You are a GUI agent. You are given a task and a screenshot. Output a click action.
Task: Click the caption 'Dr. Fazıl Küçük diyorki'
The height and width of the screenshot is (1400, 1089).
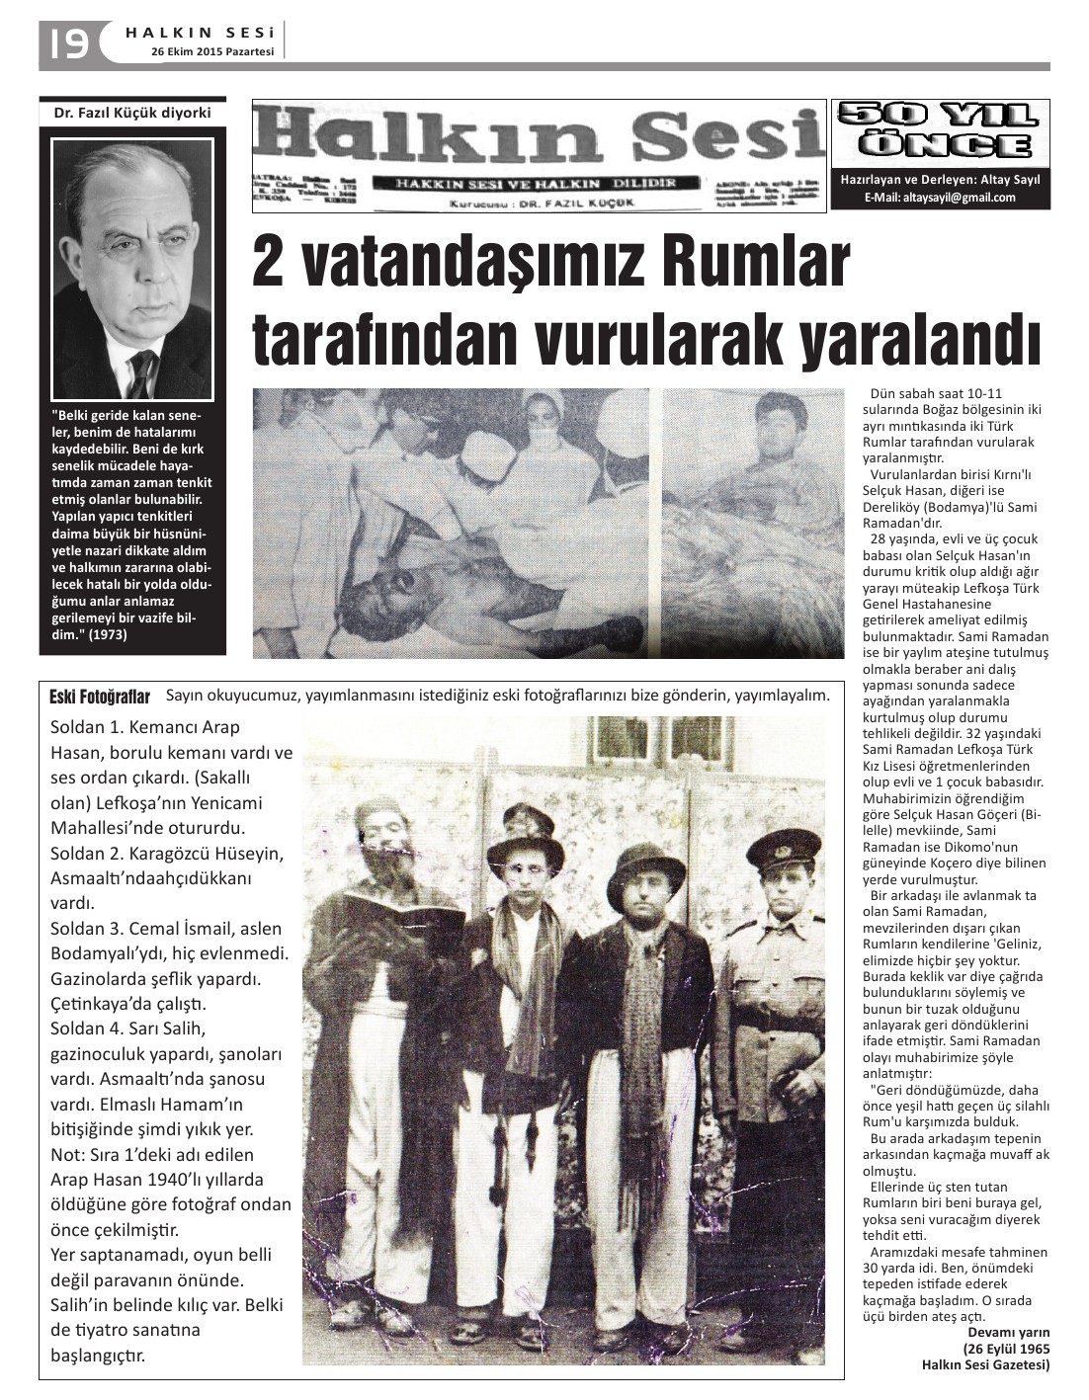132,113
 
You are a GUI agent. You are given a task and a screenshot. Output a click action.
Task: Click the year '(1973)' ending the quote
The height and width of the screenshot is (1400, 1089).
107,635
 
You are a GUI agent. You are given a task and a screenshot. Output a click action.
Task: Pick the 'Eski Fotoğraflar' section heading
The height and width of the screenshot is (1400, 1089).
100,698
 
